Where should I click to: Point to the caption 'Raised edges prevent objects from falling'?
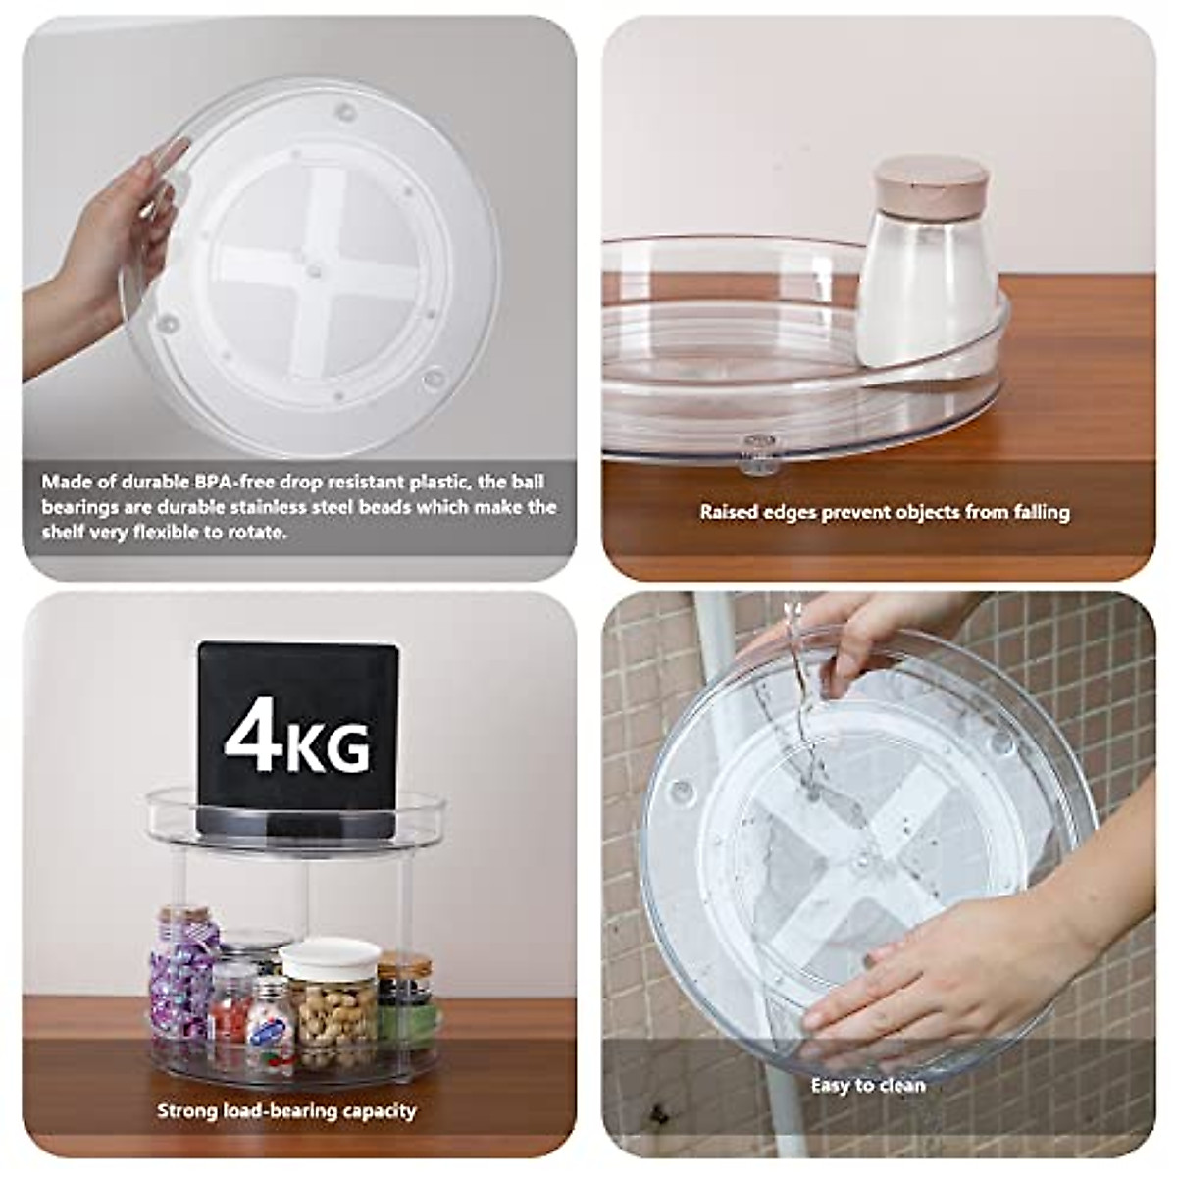pyautogui.click(x=885, y=512)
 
